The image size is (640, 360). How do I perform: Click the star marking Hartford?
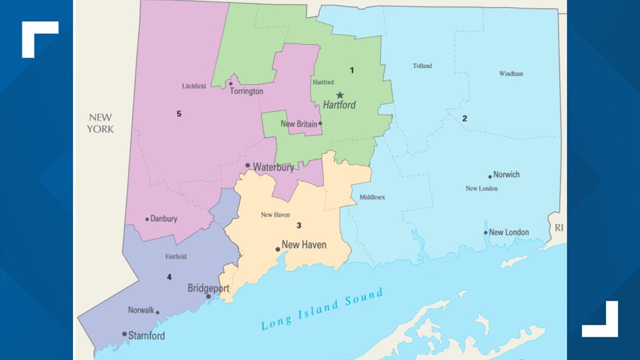(x=340, y=95)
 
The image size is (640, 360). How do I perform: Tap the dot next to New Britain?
(x=320, y=124)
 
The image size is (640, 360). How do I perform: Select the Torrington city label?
(x=246, y=91)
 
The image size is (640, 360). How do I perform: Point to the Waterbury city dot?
(x=248, y=166)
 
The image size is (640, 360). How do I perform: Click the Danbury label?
(x=163, y=219)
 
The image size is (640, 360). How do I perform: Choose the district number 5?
(x=179, y=114)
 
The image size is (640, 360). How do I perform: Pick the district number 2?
(x=464, y=119)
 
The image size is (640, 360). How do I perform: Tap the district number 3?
(x=299, y=226)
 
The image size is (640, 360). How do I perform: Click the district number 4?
(x=168, y=277)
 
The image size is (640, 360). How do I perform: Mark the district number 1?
(x=352, y=71)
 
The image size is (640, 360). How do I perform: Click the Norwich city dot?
(x=490, y=176)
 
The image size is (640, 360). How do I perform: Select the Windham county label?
(x=510, y=74)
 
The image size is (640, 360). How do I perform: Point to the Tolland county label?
(x=422, y=66)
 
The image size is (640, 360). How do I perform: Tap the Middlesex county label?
(x=372, y=197)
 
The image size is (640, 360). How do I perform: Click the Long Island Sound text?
(x=321, y=309)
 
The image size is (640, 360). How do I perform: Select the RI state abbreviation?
(x=558, y=228)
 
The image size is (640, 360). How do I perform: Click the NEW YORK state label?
(x=100, y=123)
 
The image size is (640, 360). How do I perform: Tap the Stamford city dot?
(x=125, y=334)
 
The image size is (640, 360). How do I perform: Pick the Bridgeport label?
(x=208, y=288)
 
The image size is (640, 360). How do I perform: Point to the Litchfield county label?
(x=194, y=86)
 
